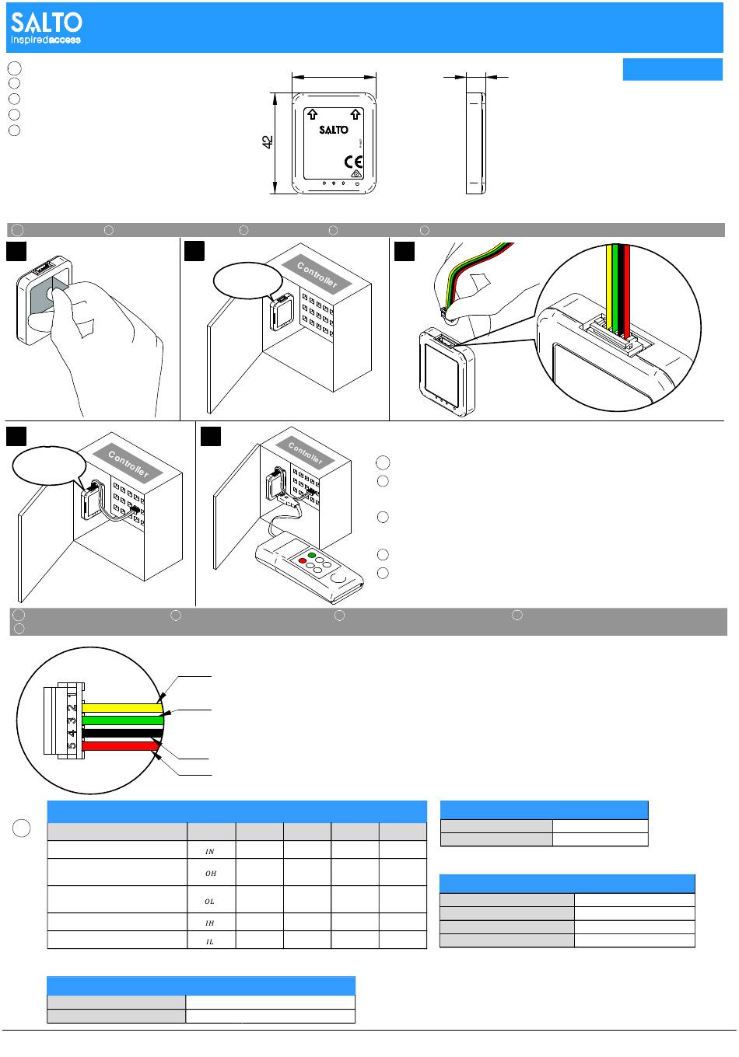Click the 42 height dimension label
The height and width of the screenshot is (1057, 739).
pos(267,142)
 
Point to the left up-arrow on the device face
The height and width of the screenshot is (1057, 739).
pos(311,114)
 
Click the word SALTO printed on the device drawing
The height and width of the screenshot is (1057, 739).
pos(334,131)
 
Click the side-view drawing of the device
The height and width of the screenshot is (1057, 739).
pos(475,142)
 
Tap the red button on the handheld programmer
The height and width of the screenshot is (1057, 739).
pos(303,561)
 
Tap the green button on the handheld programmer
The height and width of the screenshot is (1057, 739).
pos(313,555)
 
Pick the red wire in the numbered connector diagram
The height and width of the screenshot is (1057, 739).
pos(121,746)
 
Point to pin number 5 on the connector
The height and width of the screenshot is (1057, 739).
pos(72,747)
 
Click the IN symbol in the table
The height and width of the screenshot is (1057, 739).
pos(210,852)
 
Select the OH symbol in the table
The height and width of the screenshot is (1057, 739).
pos(210,874)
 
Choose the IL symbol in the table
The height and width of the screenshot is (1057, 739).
pos(210,940)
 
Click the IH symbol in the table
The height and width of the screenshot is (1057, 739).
pos(210,923)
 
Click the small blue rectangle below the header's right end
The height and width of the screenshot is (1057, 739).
pos(672,69)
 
